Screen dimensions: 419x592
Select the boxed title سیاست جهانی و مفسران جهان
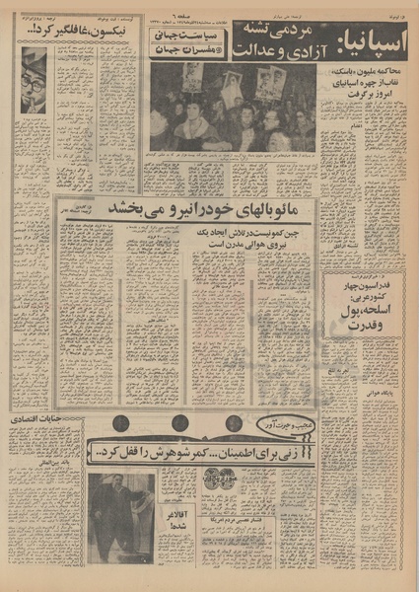(x=195, y=44)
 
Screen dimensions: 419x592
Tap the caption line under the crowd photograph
(x=233, y=156)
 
